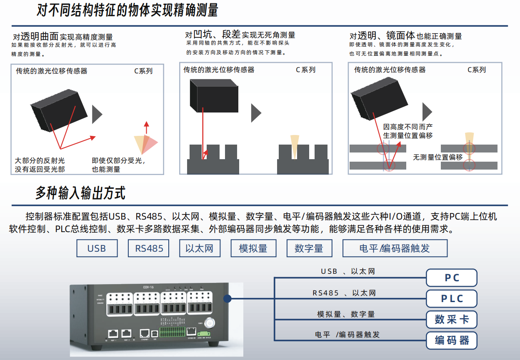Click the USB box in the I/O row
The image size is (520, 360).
pos(97,248)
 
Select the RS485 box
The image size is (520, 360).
pos(149,248)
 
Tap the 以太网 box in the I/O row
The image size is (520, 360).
pos(200,248)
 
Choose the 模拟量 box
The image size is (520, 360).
pos(253,248)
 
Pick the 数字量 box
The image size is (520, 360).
pos(309,248)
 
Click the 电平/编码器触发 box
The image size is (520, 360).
pos(395,248)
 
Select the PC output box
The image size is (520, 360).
pos(451,278)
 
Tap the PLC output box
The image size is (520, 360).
pos(451,299)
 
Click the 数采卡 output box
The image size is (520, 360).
pos(451,320)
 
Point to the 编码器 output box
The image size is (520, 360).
pos(451,340)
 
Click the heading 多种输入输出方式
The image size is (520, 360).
pos(80,193)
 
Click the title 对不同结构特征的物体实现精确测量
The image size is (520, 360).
pos(127,10)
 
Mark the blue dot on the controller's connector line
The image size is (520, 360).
pos(227,299)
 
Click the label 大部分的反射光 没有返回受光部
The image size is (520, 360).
pos(40,165)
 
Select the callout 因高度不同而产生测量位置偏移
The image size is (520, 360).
pos(408,131)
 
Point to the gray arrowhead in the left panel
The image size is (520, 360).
pos(97,114)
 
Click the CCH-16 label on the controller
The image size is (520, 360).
pos(148,287)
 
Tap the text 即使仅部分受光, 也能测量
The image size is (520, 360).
pos(118,165)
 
